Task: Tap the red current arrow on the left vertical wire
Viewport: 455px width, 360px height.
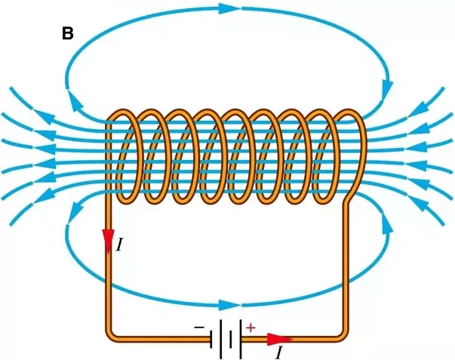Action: [x=109, y=238]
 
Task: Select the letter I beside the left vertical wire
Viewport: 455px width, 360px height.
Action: [x=119, y=244]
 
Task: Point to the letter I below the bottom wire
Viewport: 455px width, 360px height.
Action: [x=280, y=352]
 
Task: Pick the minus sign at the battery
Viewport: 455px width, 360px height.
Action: [x=198, y=328]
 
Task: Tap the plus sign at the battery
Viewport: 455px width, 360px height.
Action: [x=252, y=328]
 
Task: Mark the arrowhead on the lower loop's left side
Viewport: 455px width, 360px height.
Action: [x=69, y=217]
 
